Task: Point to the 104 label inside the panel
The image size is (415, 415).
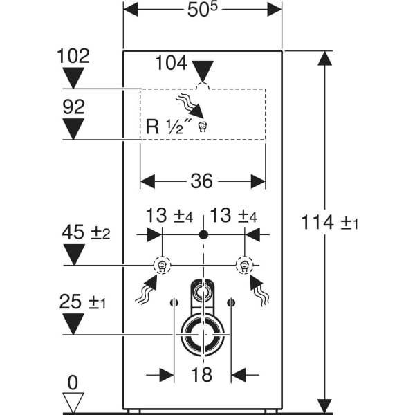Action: click(171, 64)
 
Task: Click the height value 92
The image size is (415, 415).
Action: click(73, 107)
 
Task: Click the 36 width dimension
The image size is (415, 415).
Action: click(202, 181)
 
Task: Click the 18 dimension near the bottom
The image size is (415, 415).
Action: click(202, 375)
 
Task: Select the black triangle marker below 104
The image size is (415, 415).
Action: click(203, 71)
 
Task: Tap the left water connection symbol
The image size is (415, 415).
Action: click(161, 265)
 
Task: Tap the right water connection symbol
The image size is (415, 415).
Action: click(243, 265)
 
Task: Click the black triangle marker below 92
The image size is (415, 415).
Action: click(73, 129)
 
